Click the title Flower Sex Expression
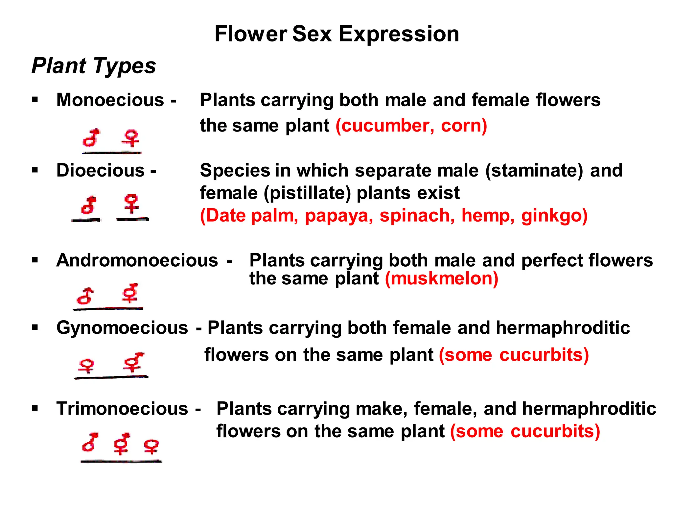(336, 34)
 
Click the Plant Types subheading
(94, 66)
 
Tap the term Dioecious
(101, 170)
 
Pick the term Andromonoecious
(137, 260)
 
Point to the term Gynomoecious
(122, 328)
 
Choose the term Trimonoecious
(122, 409)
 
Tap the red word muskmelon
(442, 279)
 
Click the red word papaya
(339, 216)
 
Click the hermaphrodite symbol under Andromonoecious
(130, 293)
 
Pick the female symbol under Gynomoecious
(86, 366)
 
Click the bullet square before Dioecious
(35, 170)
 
